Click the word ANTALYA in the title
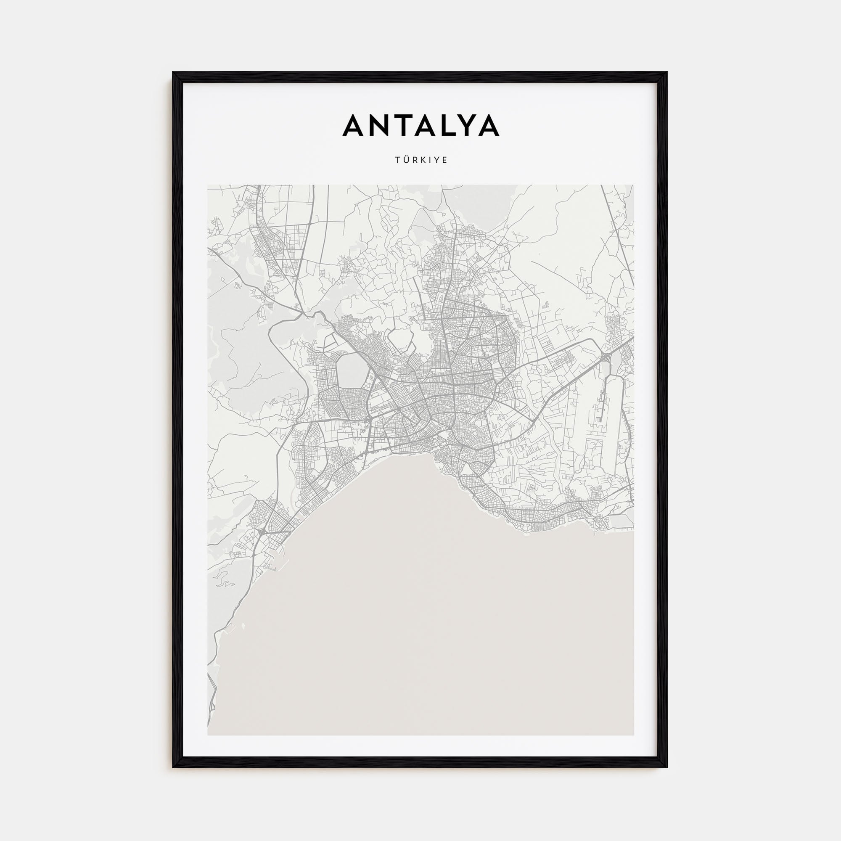tap(420, 125)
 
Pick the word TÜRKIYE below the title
tap(420, 160)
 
